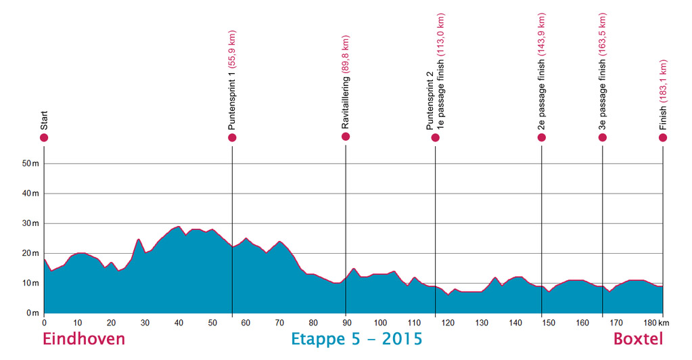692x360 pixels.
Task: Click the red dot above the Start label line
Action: pyautogui.click(x=44, y=138)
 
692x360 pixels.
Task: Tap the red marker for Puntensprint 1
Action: pyautogui.click(x=232, y=138)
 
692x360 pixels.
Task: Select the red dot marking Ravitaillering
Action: pyautogui.click(x=346, y=137)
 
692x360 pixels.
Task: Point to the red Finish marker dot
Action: pyautogui.click(x=663, y=138)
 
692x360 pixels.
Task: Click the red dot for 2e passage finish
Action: pyautogui.click(x=542, y=138)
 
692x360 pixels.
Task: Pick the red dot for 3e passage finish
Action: pyautogui.click(x=603, y=138)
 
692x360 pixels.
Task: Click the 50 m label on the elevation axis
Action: pyautogui.click(x=30, y=164)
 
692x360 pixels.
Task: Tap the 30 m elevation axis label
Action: pyautogui.click(x=30, y=223)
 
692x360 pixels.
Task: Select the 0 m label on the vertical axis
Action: pyautogui.click(x=32, y=313)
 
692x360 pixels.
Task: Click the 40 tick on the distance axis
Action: pyautogui.click(x=179, y=323)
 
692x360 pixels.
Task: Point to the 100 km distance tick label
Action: pyautogui.click(x=380, y=323)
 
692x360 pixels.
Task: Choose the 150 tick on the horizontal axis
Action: pyautogui.click(x=549, y=323)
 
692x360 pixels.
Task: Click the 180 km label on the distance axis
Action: pyautogui.click(x=656, y=323)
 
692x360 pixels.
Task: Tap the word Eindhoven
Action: pyautogui.click(x=84, y=339)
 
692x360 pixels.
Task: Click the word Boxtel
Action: pyautogui.click(x=638, y=339)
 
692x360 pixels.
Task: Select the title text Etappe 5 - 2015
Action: pyautogui.click(x=356, y=339)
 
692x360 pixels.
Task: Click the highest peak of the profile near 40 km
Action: pyautogui.click(x=179, y=226)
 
